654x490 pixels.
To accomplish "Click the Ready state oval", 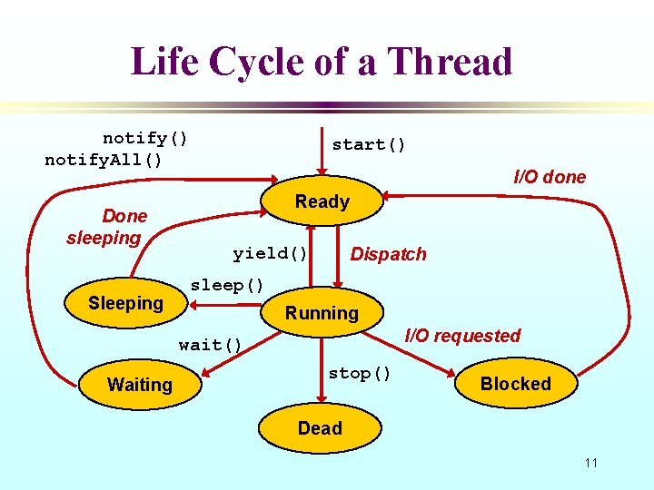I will point(322,202).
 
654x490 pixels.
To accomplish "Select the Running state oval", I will point(322,314).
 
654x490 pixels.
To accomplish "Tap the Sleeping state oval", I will point(125,303).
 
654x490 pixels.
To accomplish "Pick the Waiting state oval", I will point(140,385).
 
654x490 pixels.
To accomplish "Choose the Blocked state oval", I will point(515,384).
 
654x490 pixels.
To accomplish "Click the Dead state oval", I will point(320,428).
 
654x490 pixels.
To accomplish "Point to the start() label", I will point(369,144).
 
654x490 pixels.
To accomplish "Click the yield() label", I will point(270,253).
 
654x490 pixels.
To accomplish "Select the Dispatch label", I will point(388,254).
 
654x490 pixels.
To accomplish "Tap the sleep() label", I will point(227,285).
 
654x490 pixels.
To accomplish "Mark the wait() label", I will point(211,345).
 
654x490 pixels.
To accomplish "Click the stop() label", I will point(360,373).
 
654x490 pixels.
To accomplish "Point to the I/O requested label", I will point(462,336).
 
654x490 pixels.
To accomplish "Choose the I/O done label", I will point(550,177).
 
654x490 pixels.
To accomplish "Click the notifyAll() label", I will point(104,161).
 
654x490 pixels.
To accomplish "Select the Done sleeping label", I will point(105,227).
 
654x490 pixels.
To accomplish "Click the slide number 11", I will point(591,464).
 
